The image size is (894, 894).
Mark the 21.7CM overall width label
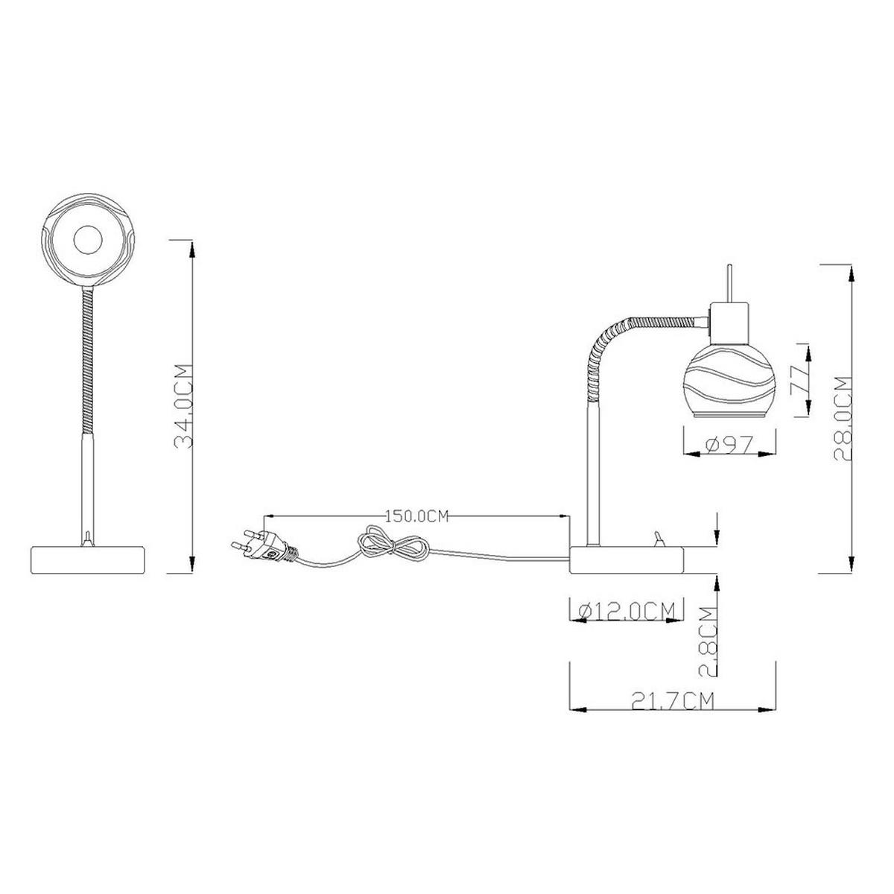pyautogui.click(x=673, y=700)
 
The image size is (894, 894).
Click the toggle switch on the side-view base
pyautogui.click(x=657, y=539)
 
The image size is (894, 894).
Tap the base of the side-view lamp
pyautogui.click(x=626, y=559)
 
